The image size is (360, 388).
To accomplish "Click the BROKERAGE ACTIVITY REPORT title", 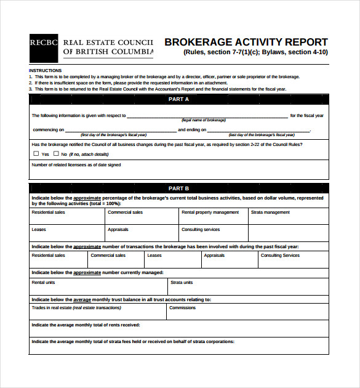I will [246, 42].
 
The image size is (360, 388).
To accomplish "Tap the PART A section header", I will [178, 99].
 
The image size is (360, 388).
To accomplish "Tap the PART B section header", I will [178, 188].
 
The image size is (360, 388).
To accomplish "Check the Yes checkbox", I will [36, 154].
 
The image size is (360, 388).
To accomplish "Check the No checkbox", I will [55, 154].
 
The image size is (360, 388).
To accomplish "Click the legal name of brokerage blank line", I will [207, 116].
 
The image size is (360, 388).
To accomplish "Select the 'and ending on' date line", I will [258, 131].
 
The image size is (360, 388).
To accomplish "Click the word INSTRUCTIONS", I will [45, 71].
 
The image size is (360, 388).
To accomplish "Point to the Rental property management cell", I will [213, 216].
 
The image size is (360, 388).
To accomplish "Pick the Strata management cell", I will [288, 216].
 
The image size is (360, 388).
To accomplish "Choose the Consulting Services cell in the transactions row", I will [292, 259].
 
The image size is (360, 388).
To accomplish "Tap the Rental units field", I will [98, 287].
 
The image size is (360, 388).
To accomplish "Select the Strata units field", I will [248, 287].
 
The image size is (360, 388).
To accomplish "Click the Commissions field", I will [248, 312].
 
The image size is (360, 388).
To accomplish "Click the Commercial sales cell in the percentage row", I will [142, 216].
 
